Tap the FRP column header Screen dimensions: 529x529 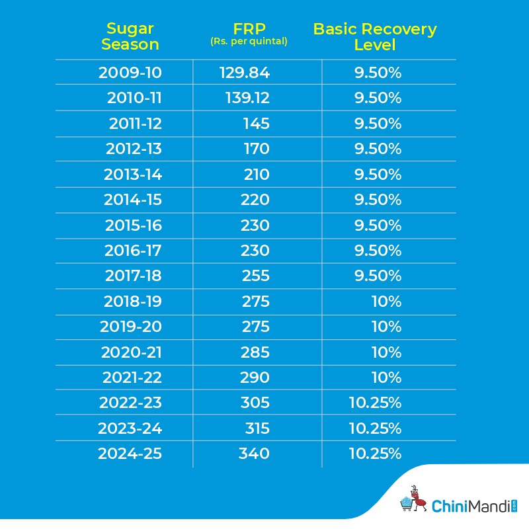pos(249,30)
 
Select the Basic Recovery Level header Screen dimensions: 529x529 pos(374,37)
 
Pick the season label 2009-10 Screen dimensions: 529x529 pos(130,73)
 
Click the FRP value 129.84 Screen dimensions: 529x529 pos(245,73)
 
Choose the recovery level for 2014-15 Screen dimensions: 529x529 pos(377,200)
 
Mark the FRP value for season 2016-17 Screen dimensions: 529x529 pos(255,251)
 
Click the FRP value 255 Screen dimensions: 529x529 pos(255,276)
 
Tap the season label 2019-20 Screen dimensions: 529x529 pos(131,327)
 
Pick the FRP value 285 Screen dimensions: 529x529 pos(255,352)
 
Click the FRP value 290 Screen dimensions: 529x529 pos(255,378)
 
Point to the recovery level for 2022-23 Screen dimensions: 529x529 pos(375,403)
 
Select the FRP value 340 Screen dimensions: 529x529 pos(254,454)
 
